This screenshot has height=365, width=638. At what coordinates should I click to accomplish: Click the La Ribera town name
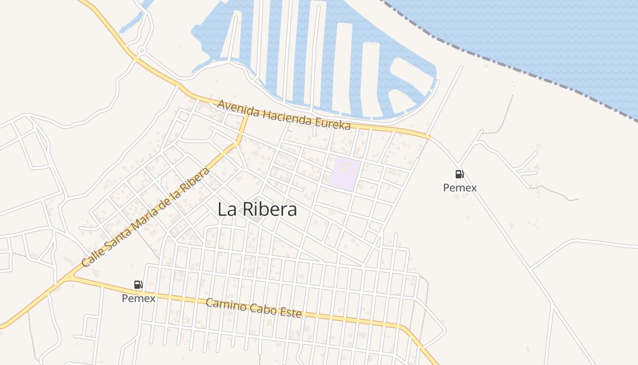[257, 209]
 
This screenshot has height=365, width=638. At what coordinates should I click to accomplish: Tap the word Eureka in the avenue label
[334, 123]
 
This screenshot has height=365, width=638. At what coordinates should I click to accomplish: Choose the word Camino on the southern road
[226, 303]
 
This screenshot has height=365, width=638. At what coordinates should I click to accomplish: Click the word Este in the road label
[291, 313]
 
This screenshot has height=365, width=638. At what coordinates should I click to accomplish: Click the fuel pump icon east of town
[459, 174]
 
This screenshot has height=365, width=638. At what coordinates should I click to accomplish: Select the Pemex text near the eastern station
[460, 188]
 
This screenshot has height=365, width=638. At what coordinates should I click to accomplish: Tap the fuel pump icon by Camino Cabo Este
[139, 285]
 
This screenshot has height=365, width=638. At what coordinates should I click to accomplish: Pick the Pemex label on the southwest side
[139, 298]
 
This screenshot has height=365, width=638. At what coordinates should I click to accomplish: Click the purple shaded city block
[345, 174]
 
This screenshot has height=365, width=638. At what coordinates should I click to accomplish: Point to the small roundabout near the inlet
[142, 50]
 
